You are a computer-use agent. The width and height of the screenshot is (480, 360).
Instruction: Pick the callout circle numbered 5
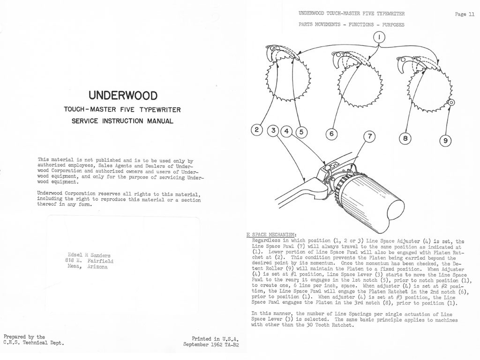(300, 132)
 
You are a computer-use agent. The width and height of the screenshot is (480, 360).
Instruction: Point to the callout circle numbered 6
(331, 134)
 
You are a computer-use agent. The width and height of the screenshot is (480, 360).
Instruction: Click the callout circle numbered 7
(370, 136)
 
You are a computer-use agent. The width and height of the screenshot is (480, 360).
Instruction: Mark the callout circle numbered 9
(445, 140)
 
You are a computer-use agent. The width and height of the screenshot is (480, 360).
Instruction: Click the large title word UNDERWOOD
(123, 96)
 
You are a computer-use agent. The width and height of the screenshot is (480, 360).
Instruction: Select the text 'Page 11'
(465, 15)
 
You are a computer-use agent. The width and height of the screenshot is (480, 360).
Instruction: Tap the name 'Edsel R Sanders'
(89, 255)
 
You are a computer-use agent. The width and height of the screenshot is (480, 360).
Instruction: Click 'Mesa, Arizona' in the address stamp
(87, 267)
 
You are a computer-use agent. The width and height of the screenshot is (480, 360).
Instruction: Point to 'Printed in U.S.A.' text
(215, 338)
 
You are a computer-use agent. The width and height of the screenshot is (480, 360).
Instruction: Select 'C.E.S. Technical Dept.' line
(33, 343)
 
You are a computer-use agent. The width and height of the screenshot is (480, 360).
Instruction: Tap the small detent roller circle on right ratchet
(451, 102)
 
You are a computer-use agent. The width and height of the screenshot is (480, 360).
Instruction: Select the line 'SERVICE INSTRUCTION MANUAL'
(122, 121)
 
